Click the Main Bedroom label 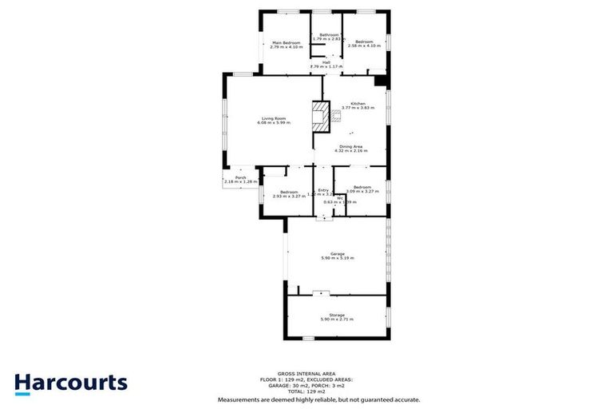pos(286,42)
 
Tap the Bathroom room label pos(330,34)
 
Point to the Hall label pos(326,62)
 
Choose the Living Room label pos(274,118)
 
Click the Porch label pos(239,177)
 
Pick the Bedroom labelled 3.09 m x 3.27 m pos(362,187)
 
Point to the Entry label pos(323,190)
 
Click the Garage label pos(337,253)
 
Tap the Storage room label pos(337,315)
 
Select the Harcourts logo pos(70,382)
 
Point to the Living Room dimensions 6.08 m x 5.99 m pos(274,123)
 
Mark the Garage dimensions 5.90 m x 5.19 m pos(337,258)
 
